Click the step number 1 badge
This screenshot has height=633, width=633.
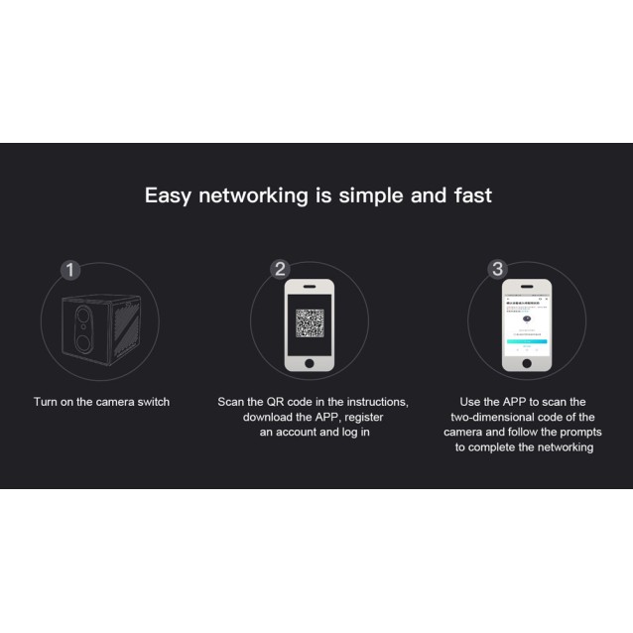click(69, 270)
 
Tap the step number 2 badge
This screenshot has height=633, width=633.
click(280, 270)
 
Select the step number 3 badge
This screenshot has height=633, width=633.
click(498, 270)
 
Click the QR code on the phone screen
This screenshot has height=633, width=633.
click(310, 323)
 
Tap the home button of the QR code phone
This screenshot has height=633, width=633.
click(310, 363)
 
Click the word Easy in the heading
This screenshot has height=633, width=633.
click(169, 194)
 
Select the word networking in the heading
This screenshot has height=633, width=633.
click(253, 194)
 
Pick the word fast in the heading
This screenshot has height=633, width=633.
click(471, 194)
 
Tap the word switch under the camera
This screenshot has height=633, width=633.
click(151, 402)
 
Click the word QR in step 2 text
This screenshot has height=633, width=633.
click(277, 402)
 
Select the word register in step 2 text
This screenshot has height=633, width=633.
click(363, 417)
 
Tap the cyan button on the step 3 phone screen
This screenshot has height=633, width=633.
click(525, 340)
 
